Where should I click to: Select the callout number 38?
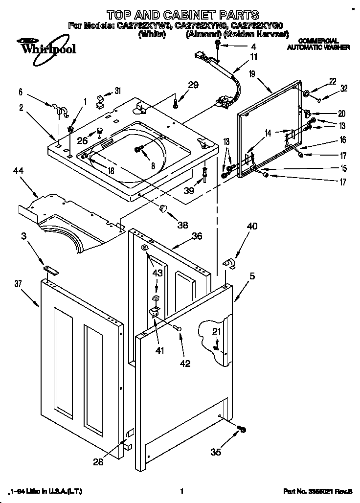coord(183,226)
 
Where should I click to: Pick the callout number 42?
coord(184,363)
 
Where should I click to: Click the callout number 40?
coord(252,226)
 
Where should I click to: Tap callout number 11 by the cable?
coord(253,57)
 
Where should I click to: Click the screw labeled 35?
coord(241,430)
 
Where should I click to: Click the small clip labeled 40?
coord(228,264)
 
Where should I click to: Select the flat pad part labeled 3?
coord(50,269)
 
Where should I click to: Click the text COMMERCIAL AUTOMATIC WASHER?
coord(318,44)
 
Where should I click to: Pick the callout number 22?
coord(332,81)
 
